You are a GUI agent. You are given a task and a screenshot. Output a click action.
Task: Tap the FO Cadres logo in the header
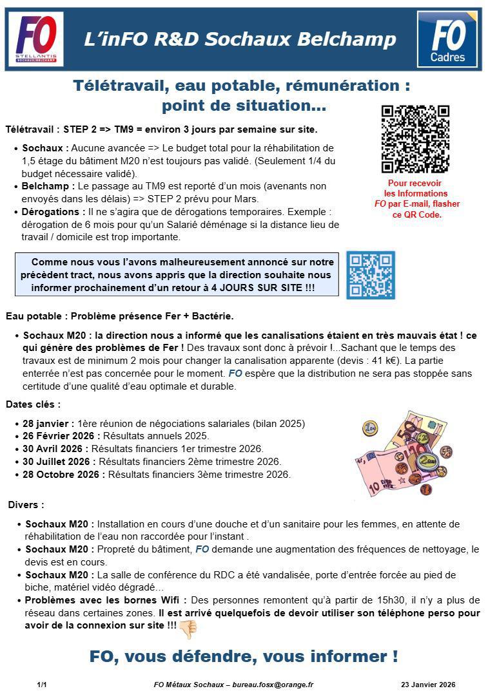click(447, 39)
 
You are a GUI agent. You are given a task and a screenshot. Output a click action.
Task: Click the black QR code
click(415, 139)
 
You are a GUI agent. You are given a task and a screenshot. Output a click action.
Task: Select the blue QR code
click(370, 275)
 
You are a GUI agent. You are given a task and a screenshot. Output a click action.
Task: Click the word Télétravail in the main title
click(118, 86)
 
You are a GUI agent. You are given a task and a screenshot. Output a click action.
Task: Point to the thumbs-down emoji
click(188, 629)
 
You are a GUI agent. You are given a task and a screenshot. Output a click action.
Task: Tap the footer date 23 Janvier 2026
click(428, 685)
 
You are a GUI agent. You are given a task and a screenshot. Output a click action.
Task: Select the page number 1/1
click(42, 685)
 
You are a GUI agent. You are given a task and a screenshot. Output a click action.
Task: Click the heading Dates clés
click(33, 405)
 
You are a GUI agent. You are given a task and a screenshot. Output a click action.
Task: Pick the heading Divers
click(26, 505)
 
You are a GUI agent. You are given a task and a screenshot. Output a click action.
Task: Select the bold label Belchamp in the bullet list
click(46, 187)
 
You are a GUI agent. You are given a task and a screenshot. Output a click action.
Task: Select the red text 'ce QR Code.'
click(417, 214)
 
